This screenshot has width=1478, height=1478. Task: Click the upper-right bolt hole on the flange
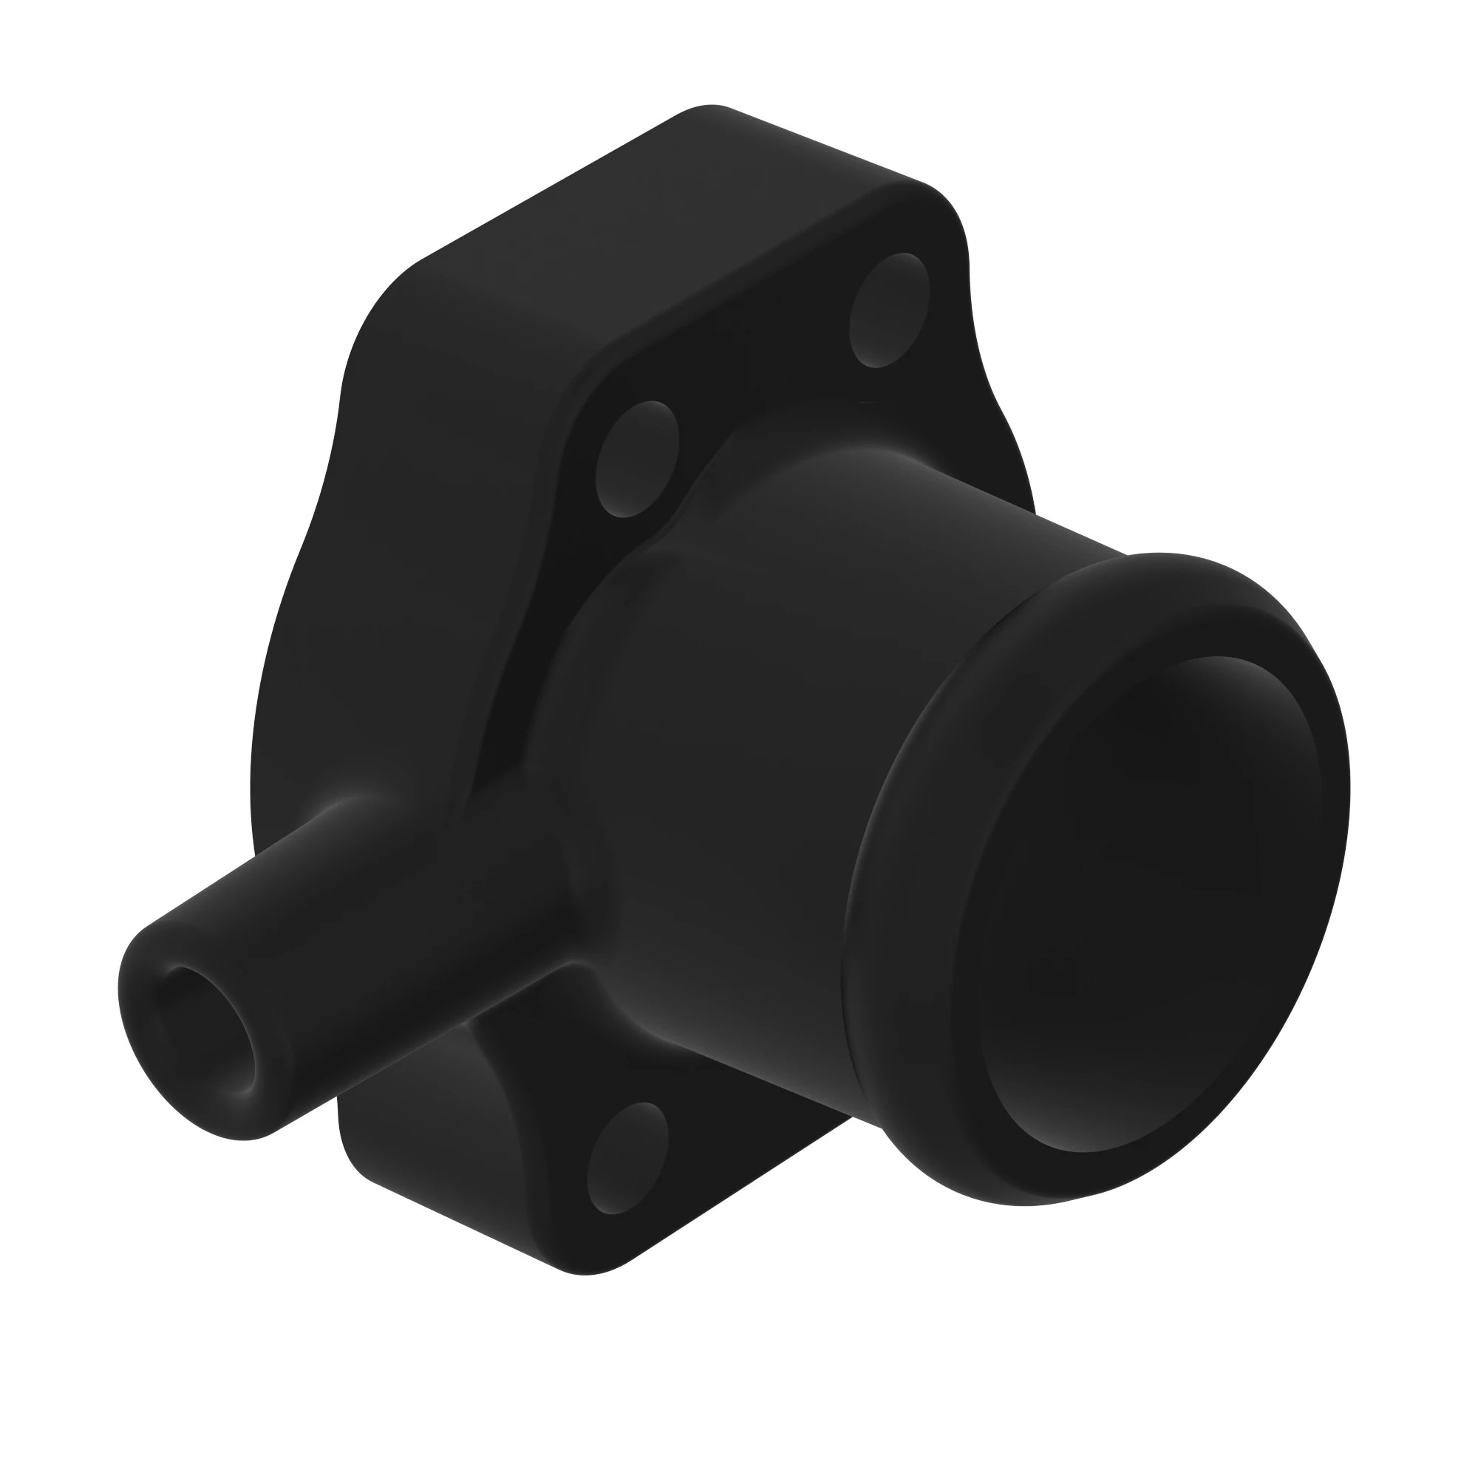coord(890,310)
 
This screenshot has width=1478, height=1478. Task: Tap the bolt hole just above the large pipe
coord(636,459)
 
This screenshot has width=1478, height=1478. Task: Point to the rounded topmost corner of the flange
coord(708,115)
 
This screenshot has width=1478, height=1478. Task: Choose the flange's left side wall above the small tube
coord(367,573)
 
